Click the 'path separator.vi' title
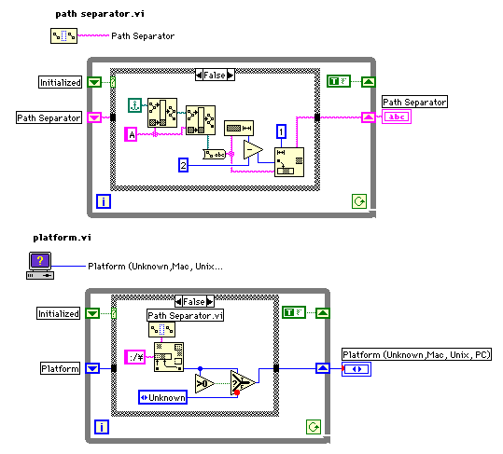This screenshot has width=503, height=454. tap(100, 14)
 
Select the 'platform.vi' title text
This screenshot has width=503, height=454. tap(62, 238)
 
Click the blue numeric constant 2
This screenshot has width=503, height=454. tap(183, 165)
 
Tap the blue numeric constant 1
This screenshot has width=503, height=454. tap(281, 131)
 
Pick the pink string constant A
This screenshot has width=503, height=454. tap(131, 134)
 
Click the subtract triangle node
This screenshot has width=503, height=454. tap(253, 150)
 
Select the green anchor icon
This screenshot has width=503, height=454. tap(135, 105)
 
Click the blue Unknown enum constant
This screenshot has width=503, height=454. tap(162, 397)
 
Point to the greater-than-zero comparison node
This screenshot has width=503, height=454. tap(204, 383)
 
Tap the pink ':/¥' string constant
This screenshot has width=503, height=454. tap(135, 357)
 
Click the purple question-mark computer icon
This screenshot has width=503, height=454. tap(40, 266)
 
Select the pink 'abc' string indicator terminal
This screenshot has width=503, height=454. tap(397, 117)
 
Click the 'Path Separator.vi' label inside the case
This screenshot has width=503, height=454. tap(185, 316)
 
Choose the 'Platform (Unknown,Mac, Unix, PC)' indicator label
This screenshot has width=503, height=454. tap(416, 354)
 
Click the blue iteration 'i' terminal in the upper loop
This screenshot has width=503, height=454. tap(104, 201)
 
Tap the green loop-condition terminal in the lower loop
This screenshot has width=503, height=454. tap(314, 427)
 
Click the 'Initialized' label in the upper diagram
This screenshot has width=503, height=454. tap(60, 82)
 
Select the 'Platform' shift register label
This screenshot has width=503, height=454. tap(60, 368)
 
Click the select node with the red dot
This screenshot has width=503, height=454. tap(243, 383)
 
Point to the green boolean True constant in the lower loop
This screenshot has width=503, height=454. tap(294, 312)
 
